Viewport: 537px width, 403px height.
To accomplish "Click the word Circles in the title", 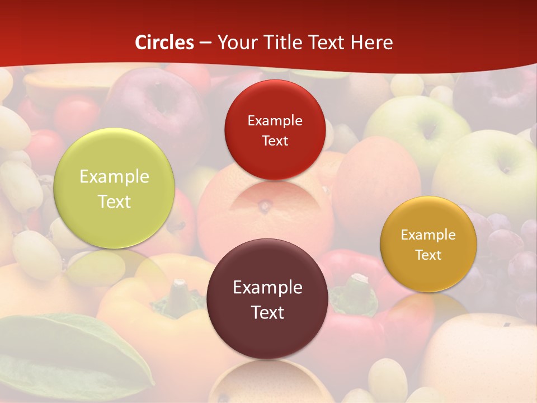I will click(x=164, y=43).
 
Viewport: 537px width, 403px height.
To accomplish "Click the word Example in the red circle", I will click(x=275, y=121).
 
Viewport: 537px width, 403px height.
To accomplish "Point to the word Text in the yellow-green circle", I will click(x=114, y=201).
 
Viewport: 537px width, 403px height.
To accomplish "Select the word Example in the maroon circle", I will click(x=267, y=288).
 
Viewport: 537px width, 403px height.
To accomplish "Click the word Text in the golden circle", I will click(x=428, y=255).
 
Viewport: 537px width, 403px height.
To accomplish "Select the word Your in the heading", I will click(x=235, y=43).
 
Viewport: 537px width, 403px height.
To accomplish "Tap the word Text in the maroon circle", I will click(x=267, y=312).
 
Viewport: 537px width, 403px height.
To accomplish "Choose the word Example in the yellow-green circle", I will click(x=114, y=177).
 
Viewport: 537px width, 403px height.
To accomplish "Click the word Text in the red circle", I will click(x=275, y=141).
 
